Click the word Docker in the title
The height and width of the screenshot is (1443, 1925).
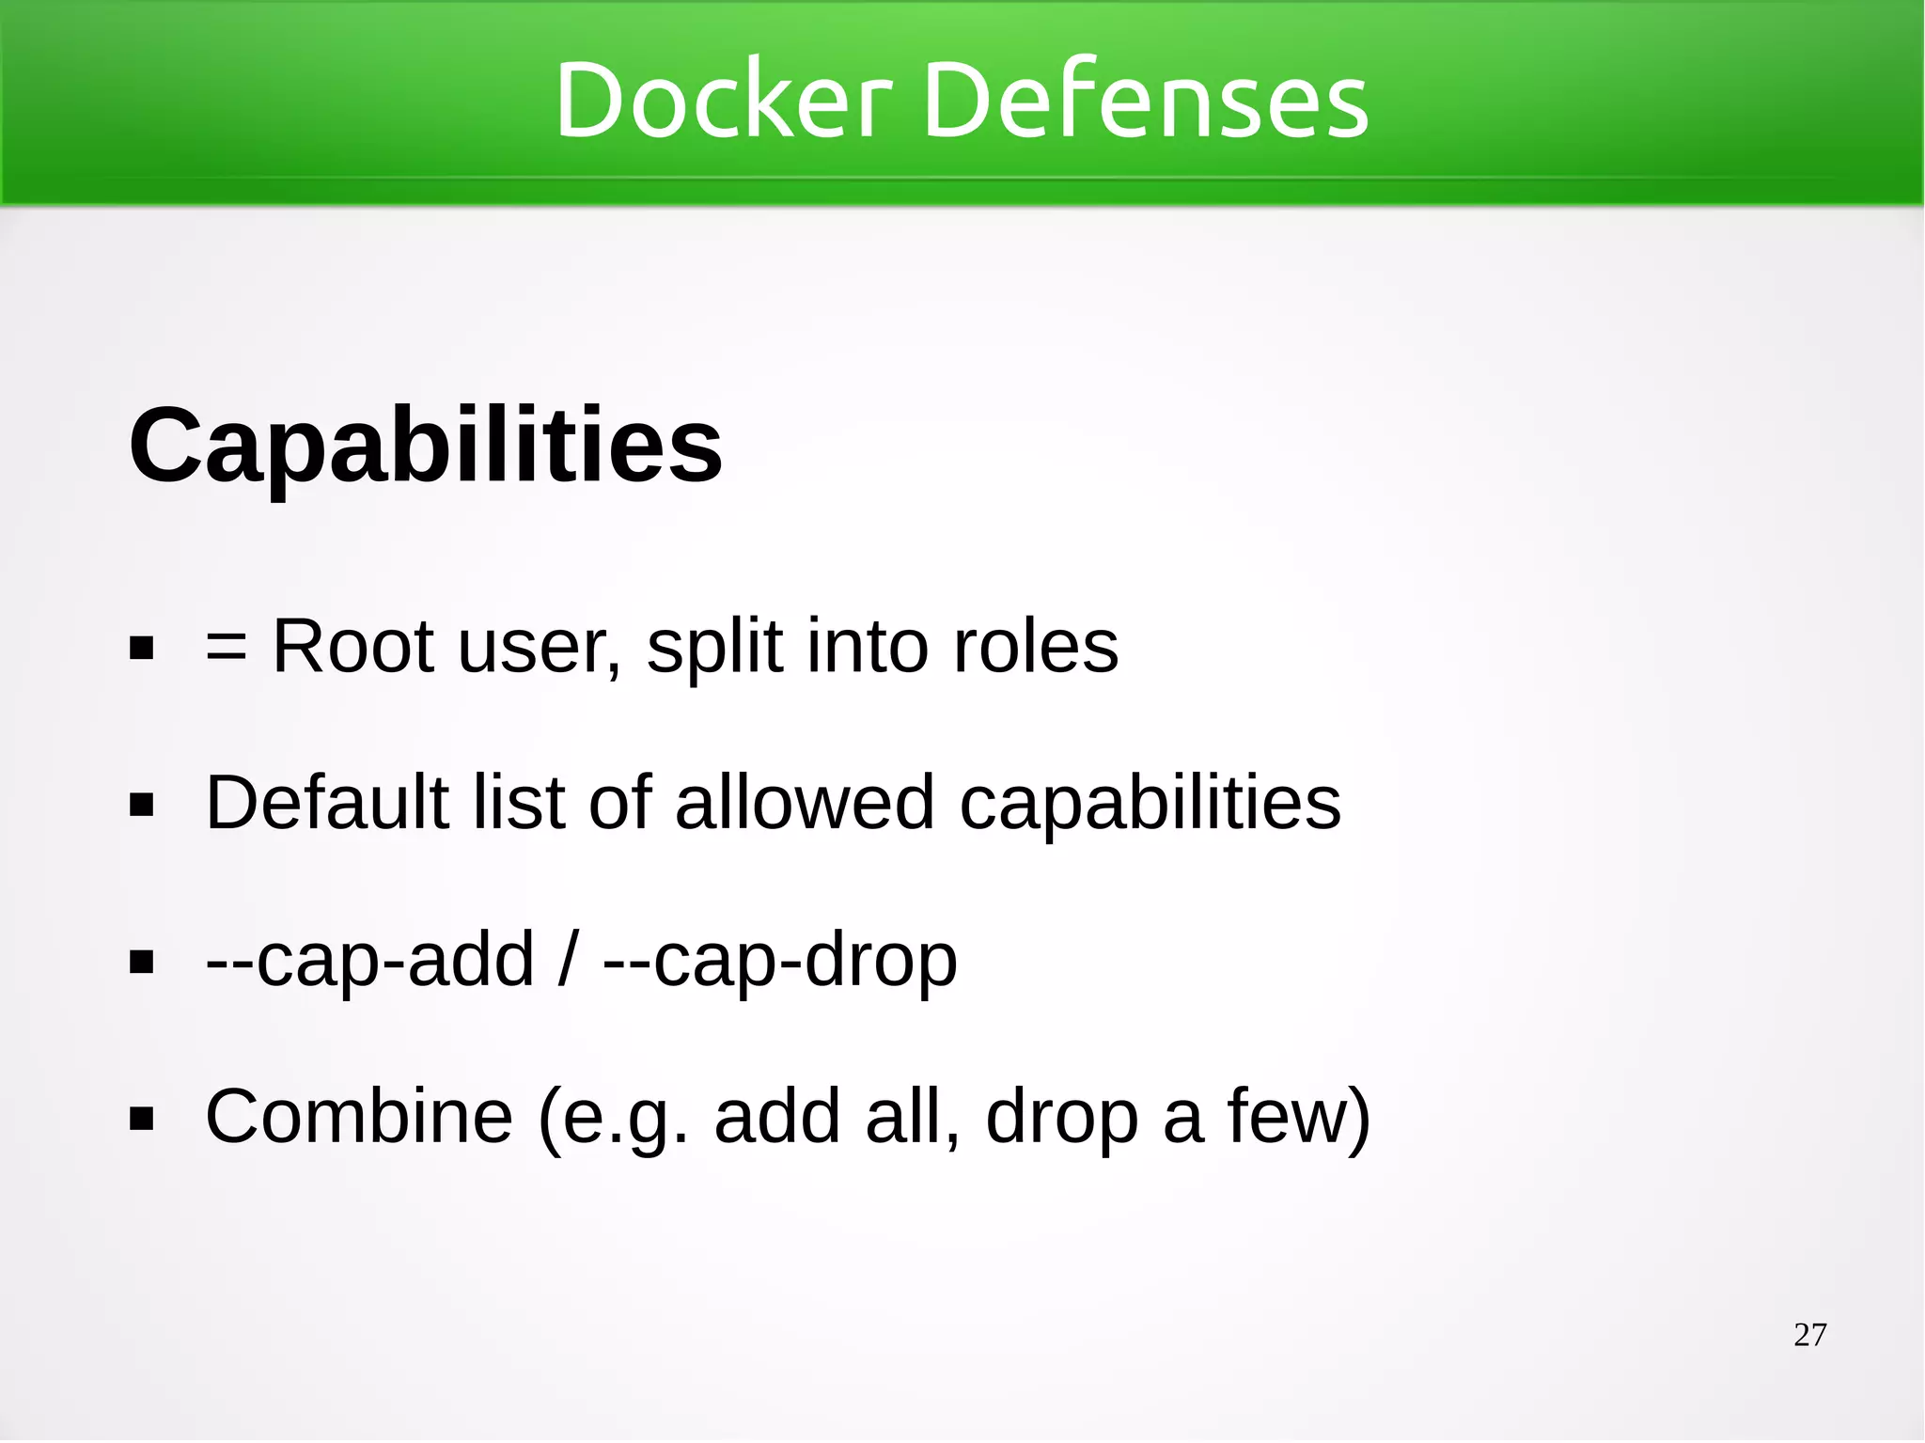point(722,100)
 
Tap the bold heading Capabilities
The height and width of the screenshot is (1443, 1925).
point(425,445)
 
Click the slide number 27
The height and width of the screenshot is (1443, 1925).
point(1809,1335)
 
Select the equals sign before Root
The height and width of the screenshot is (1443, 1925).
point(227,648)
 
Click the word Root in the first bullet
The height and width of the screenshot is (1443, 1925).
point(353,647)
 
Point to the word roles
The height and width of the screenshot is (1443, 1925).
point(1035,647)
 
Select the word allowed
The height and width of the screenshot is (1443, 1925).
point(805,803)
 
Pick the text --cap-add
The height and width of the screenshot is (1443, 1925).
point(369,960)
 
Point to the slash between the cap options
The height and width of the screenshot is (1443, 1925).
point(566,960)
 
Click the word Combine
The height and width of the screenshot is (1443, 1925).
point(359,1117)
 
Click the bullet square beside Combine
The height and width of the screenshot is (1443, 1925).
point(142,1120)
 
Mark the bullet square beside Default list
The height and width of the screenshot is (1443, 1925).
point(142,806)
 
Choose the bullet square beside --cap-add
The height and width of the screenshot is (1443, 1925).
point(142,963)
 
